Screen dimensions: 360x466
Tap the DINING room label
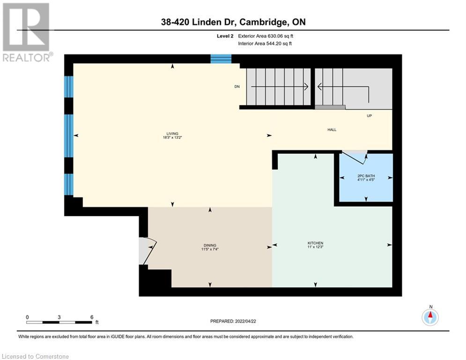point(209,245)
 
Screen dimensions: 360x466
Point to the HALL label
point(332,130)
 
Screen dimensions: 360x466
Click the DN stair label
point(237,87)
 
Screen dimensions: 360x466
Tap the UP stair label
point(369,116)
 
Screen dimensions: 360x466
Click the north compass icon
point(430,317)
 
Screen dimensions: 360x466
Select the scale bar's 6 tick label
point(91,316)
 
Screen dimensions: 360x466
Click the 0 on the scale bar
point(28,316)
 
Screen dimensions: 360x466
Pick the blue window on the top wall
point(221,59)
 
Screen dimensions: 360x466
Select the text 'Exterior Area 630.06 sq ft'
point(266,36)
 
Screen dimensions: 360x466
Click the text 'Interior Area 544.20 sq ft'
point(266,44)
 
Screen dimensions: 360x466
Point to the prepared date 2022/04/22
point(233,321)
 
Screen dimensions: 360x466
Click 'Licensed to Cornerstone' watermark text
point(36,356)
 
